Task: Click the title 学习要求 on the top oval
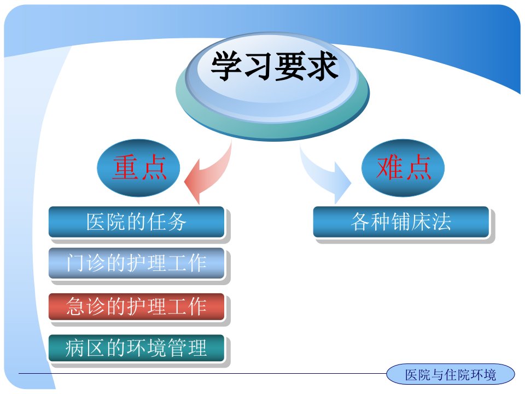[x=274, y=66]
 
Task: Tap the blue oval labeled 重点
[x=138, y=167]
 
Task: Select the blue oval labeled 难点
[x=403, y=167]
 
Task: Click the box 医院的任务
[x=137, y=222]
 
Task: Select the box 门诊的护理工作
[x=137, y=263]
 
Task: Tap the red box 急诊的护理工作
[x=137, y=306]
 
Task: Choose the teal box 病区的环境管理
[x=137, y=348]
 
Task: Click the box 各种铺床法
[x=401, y=222]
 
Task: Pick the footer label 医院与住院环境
[x=450, y=374]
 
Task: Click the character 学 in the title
[x=226, y=66]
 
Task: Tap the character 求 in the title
[x=323, y=66]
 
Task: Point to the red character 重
[x=126, y=167]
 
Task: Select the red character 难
[x=390, y=167]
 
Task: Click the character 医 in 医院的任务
[x=96, y=222]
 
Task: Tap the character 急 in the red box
[x=76, y=306]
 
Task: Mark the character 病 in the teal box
[x=75, y=348]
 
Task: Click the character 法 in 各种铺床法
[x=441, y=222]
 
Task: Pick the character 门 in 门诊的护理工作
[x=76, y=263]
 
